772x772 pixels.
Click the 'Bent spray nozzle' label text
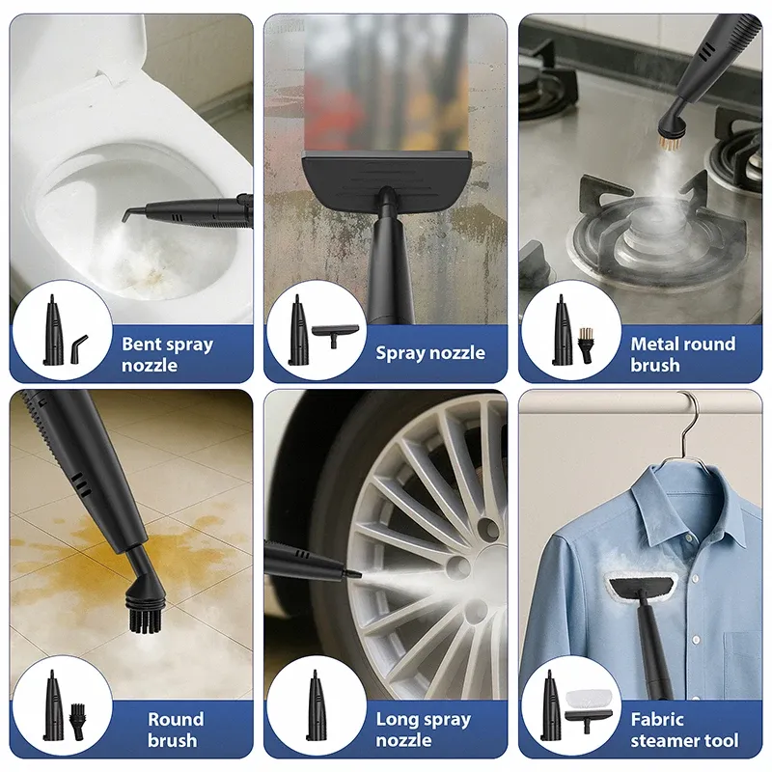point(167,354)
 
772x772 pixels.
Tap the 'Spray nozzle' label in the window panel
point(430,353)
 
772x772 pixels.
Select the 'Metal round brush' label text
point(683,354)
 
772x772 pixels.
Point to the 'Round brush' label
point(176,730)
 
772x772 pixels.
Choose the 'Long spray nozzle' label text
point(424,730)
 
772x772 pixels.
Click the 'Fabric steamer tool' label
point(684,730)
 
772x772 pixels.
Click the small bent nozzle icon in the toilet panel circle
point(79,343)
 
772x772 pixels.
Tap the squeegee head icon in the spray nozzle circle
point(335,335)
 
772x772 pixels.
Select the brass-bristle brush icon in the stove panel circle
point(585,345)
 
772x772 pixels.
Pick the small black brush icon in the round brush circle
point(77,721)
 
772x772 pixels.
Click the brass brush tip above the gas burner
point(669,143)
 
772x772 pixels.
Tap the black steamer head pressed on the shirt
point(641,586)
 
